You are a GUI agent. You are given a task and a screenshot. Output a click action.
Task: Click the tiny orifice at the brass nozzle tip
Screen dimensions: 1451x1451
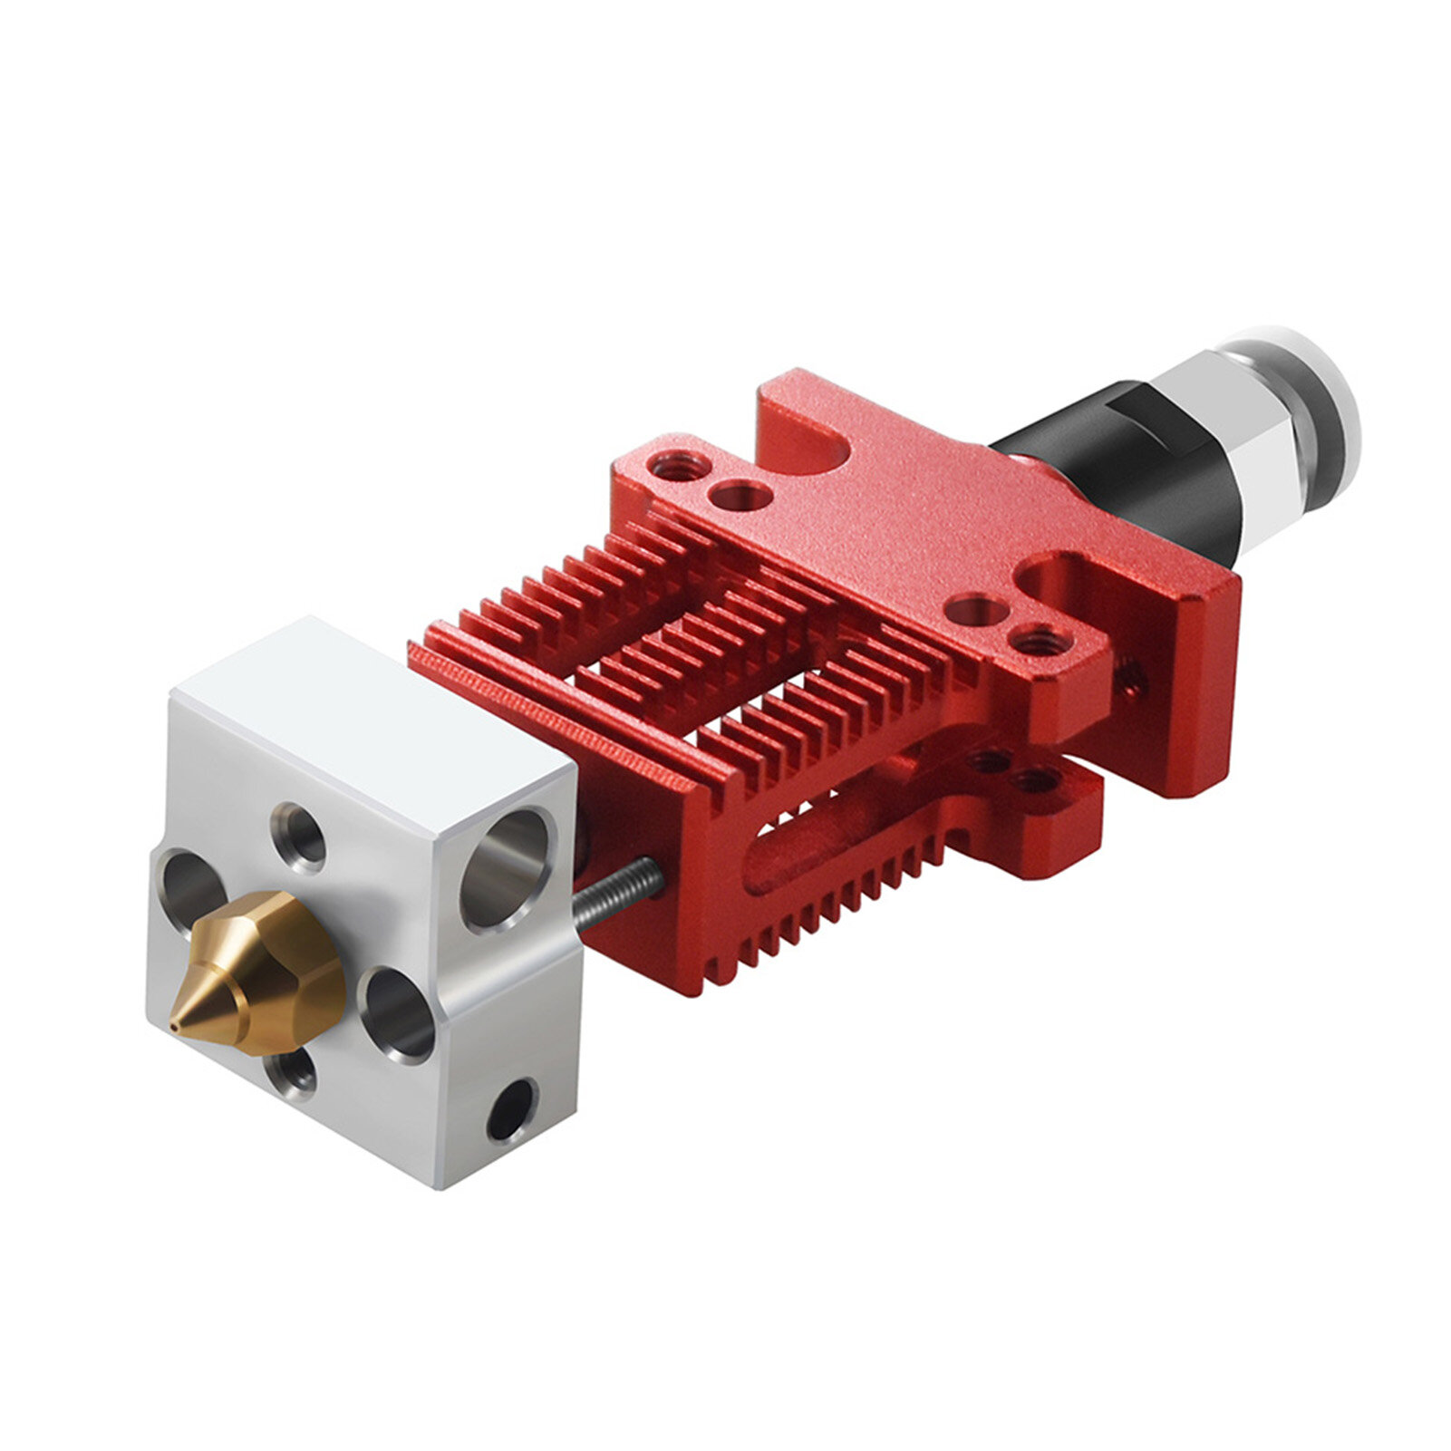click(173, 1027)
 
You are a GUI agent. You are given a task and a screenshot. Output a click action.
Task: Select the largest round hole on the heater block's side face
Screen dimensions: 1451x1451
click(505, 867)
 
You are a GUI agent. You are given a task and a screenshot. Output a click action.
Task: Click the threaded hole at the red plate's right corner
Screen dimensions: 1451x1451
click(1036, 642)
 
